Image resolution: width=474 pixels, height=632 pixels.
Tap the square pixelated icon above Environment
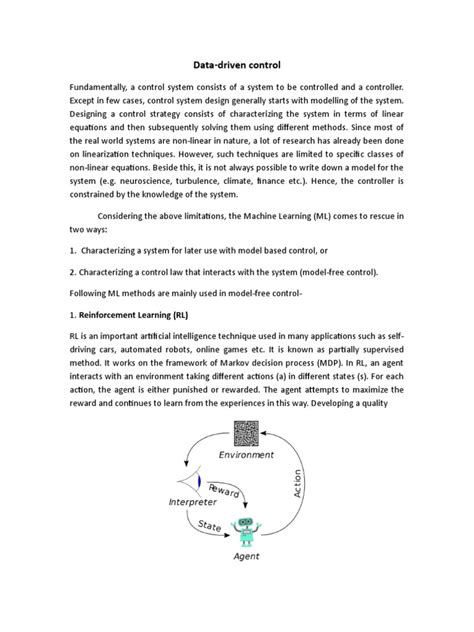[x=244, y=432]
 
